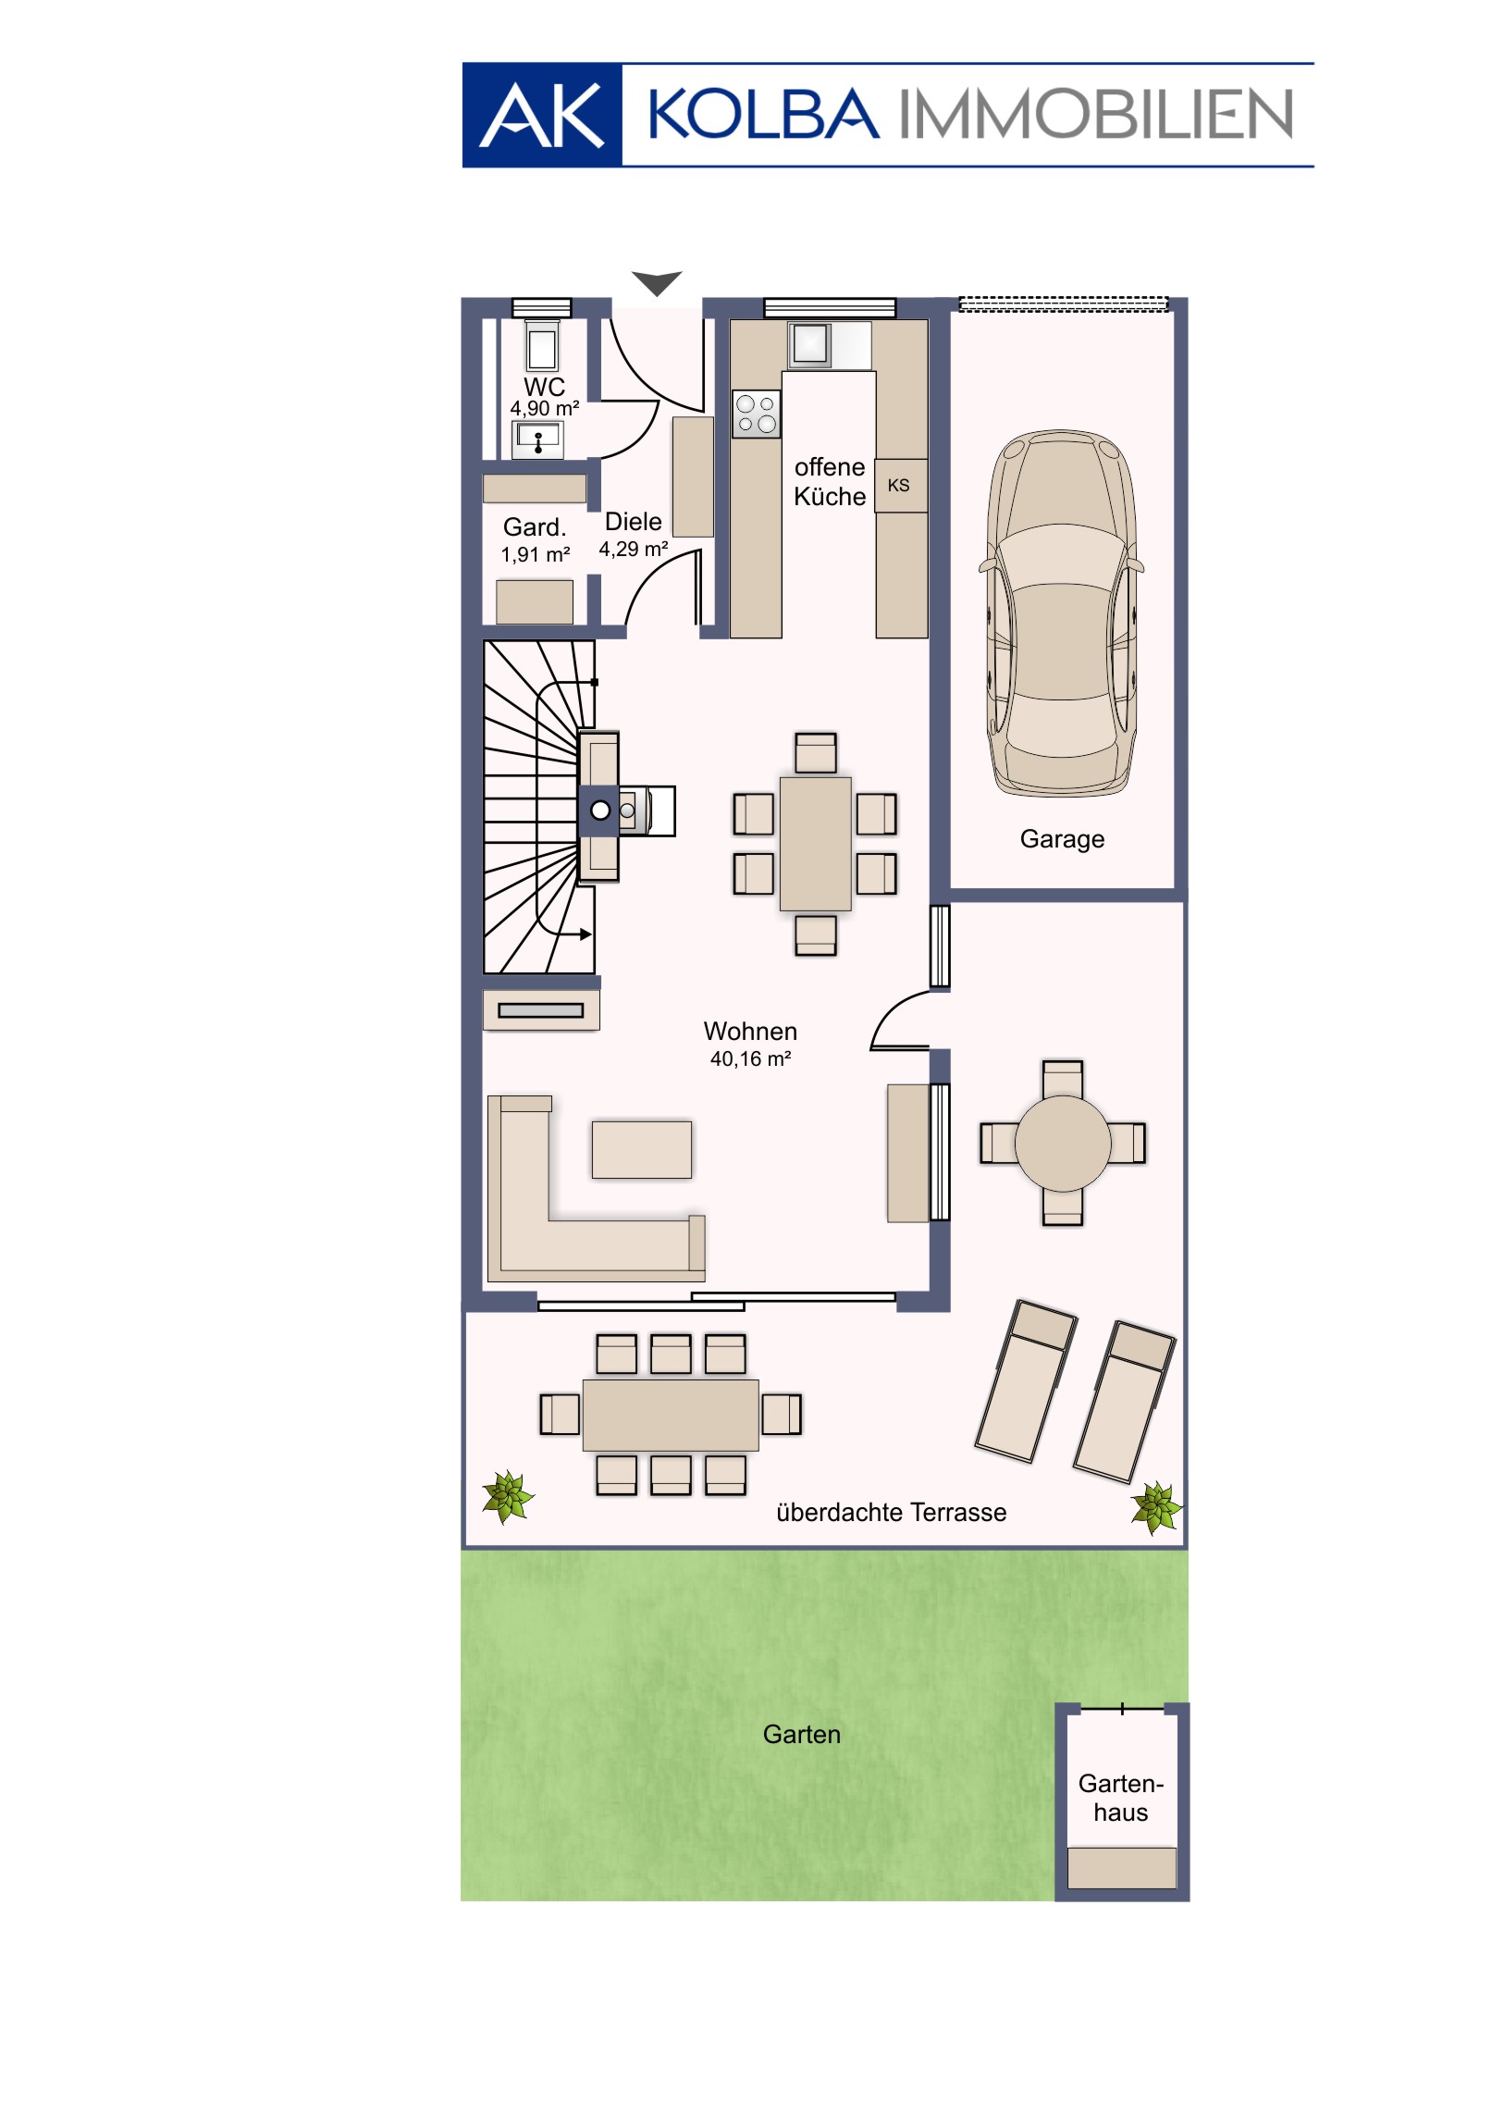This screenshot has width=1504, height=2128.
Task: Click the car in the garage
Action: coord(1061,612)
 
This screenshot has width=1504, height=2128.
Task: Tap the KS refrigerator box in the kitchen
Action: coord(901,485)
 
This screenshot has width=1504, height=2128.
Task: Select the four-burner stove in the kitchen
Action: coord(757,414)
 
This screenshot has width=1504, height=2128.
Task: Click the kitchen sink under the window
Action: coord(809,344)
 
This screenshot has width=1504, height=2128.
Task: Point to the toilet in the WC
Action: coord(542,346)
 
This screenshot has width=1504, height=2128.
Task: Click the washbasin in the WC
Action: coord(537,439)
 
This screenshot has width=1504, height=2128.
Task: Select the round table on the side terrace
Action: coord(1062,1143)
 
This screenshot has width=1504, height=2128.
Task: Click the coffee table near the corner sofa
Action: coord(641,1149)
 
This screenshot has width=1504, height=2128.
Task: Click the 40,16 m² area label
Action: coord(750,1058)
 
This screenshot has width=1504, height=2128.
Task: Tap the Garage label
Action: coord(1062,839)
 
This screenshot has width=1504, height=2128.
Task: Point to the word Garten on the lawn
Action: coord(802,1734)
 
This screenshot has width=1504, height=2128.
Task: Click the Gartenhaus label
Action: coord(1120,1798)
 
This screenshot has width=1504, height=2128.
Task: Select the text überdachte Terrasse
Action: coord(891,1513)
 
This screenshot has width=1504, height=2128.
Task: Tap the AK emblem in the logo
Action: coord(542,115)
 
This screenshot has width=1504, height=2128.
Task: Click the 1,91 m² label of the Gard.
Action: coord(536,554)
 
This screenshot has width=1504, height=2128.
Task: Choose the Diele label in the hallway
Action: coord(633,522)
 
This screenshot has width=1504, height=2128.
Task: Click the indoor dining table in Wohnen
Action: coord(816,844)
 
